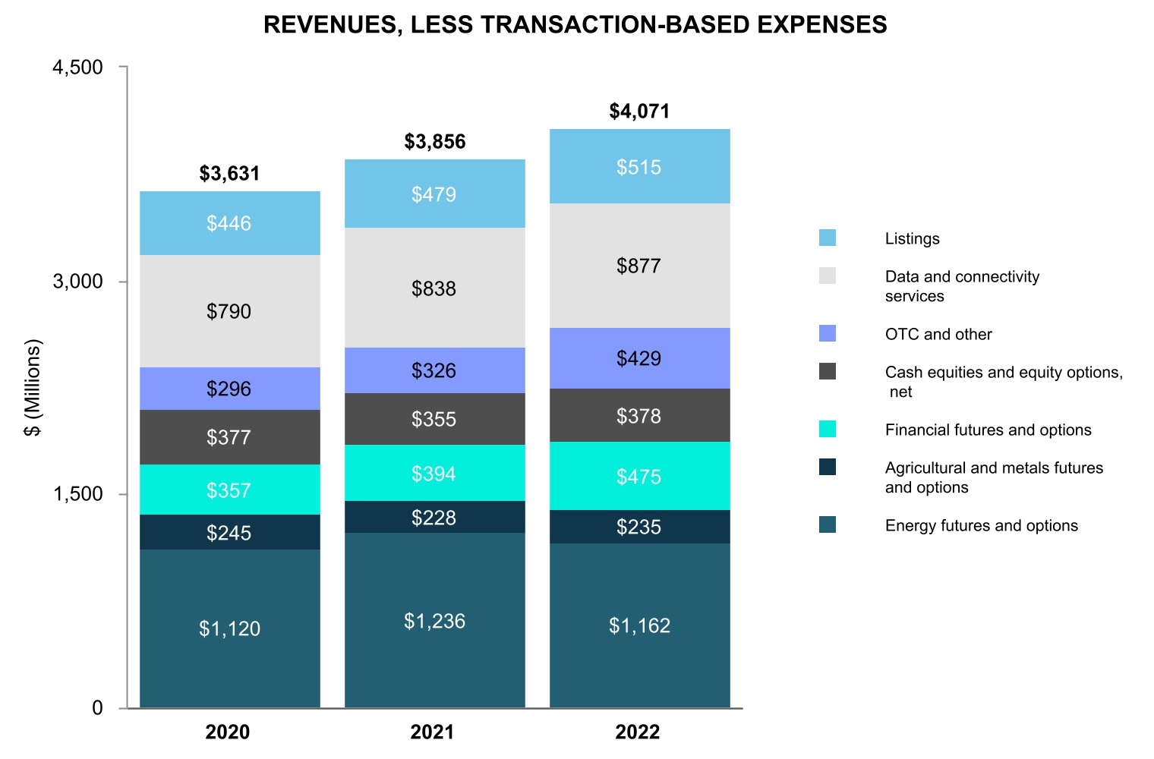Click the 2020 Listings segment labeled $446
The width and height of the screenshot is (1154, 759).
point(229,223)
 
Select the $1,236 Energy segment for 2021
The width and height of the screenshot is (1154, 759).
point(434,621)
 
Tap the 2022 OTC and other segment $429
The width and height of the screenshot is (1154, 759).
point(639,358)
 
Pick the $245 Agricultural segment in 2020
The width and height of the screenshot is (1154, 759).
point(229,533)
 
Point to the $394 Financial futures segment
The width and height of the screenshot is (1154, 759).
point(434,474)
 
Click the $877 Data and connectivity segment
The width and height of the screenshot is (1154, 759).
point(639,266)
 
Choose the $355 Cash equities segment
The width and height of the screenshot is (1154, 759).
point(434,419)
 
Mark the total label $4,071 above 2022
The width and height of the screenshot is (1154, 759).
point(639,112)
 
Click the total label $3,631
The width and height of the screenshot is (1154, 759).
point(229,174)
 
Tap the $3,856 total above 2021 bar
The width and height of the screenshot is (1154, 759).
point(434,142)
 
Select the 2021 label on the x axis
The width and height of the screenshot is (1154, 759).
point(433,732)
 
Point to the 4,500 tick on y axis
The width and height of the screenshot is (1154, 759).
point(77,68)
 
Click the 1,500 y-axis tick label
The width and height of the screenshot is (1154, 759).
point(77,494)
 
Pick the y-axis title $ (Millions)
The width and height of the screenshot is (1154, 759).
point(33,388)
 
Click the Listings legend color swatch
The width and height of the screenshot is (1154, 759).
point(828,238)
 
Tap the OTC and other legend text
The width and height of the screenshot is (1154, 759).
point(938,335)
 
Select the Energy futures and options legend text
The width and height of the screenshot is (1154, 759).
point(981,526)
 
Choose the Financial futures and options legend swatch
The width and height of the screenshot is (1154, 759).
point(828,429)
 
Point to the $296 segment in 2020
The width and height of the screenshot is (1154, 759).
point(229,389)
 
